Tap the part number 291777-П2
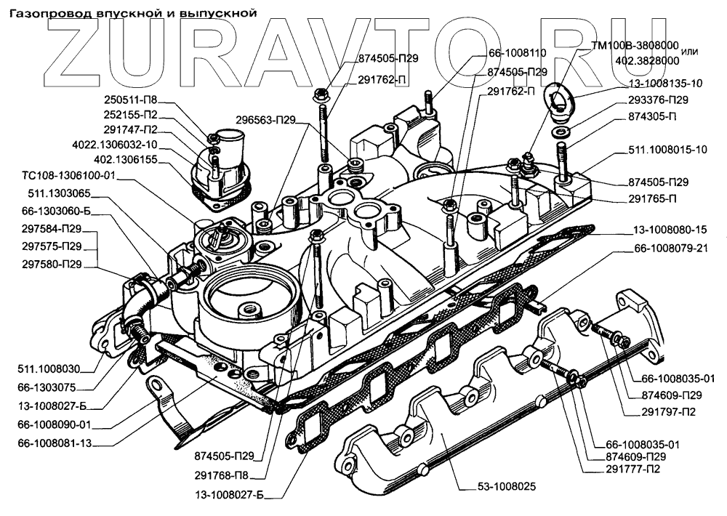click(x=635, y=469)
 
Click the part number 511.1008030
click(x=49, y=369)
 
